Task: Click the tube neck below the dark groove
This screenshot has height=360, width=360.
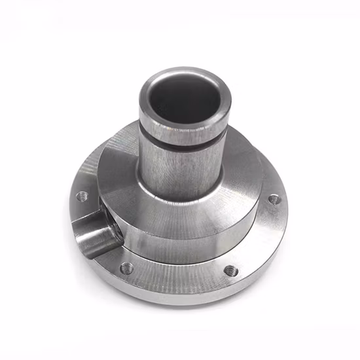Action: point(180,164)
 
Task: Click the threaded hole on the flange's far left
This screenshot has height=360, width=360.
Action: point(82,195)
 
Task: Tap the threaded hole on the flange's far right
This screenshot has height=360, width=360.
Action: point(274,198)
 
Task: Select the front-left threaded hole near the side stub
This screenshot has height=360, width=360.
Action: point(126,268)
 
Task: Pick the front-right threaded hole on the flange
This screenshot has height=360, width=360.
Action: point(230,269)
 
